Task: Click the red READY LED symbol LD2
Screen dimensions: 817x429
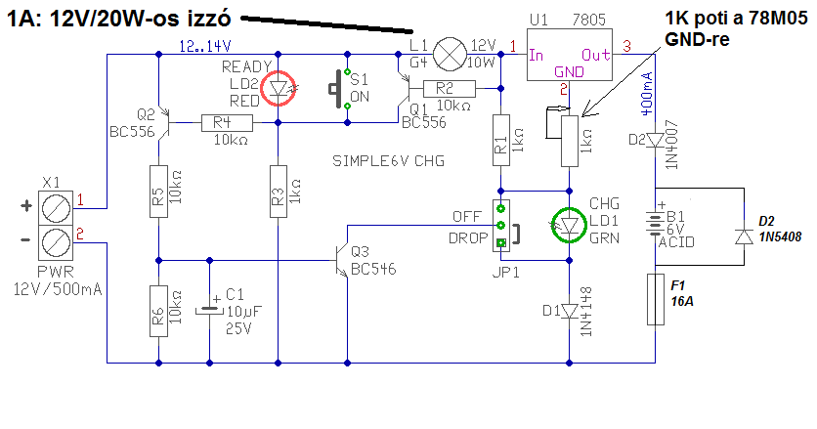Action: click(278, 88)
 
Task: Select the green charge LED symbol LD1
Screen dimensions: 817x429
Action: click(569, 225)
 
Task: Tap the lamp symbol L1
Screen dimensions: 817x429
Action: click(451, 54)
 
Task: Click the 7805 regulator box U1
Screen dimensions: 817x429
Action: click(569, 55)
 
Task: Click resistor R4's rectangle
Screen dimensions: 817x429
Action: click(227, 123)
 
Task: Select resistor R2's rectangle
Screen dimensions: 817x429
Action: click(450, 89)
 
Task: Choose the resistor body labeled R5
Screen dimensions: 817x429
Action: click(159, 192)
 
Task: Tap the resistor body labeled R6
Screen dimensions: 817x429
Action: click(159, 311)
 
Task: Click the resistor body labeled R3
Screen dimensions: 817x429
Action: click(278, 192)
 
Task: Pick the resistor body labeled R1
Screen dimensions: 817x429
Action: click(500, 140)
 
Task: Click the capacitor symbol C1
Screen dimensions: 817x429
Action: click(209, 309)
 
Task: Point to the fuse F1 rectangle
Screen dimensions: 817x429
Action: click(655, 299)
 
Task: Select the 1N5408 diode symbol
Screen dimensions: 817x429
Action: click(744, 237)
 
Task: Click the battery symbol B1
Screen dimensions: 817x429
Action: click(655, 224)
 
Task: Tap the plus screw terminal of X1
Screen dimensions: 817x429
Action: click(56, 208)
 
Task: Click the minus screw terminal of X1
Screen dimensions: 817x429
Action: click(56, 242)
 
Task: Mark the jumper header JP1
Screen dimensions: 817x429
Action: click(501, 226)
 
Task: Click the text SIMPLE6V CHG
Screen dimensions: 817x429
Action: click(388, 161)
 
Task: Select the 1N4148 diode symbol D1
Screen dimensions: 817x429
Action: click(569, 311)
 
